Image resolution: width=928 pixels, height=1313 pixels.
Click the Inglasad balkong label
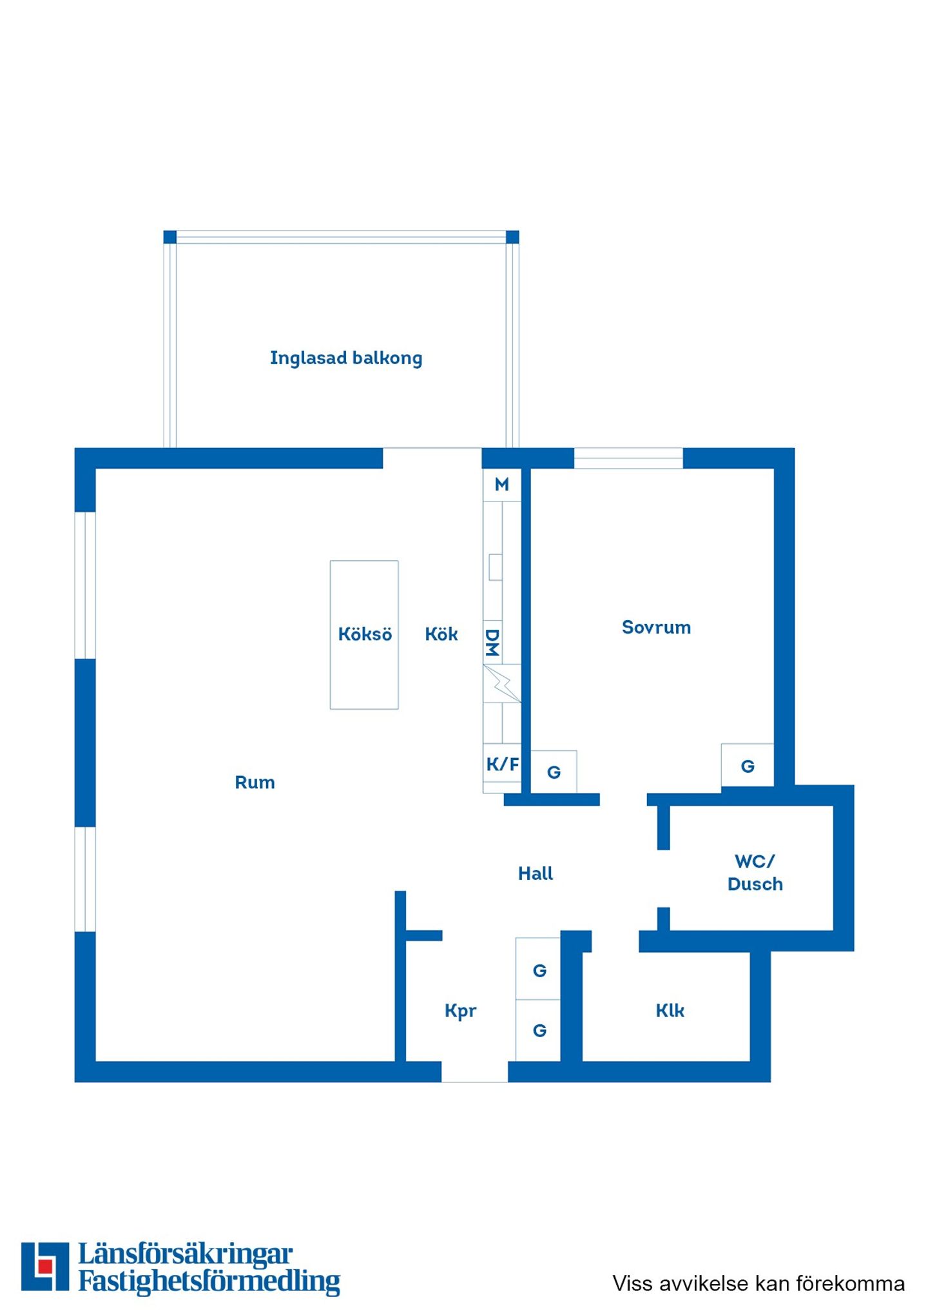point(346,358)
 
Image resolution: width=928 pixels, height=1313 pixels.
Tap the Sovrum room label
point(656,627)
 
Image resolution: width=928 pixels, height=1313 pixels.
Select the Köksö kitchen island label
point(365,634)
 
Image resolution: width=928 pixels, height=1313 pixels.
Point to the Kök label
point(441,634)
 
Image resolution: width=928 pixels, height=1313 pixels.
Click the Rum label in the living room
point(255,783)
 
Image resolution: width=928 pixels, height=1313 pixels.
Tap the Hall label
point(536,873)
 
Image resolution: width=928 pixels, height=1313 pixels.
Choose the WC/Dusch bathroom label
point(755,873)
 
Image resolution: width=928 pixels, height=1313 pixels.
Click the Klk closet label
point(670,1010)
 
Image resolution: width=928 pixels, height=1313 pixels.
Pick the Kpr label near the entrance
point(460,1011)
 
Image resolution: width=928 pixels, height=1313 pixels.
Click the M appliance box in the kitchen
point(502,485)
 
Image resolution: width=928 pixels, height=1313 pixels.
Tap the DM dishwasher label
point(492,643)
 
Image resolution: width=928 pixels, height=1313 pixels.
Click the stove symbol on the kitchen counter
point(502,683)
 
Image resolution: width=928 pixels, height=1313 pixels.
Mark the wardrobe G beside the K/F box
point(554,772)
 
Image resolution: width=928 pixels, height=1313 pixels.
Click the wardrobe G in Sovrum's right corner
point(748,766)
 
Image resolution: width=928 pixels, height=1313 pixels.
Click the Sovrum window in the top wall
point(628,458)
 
